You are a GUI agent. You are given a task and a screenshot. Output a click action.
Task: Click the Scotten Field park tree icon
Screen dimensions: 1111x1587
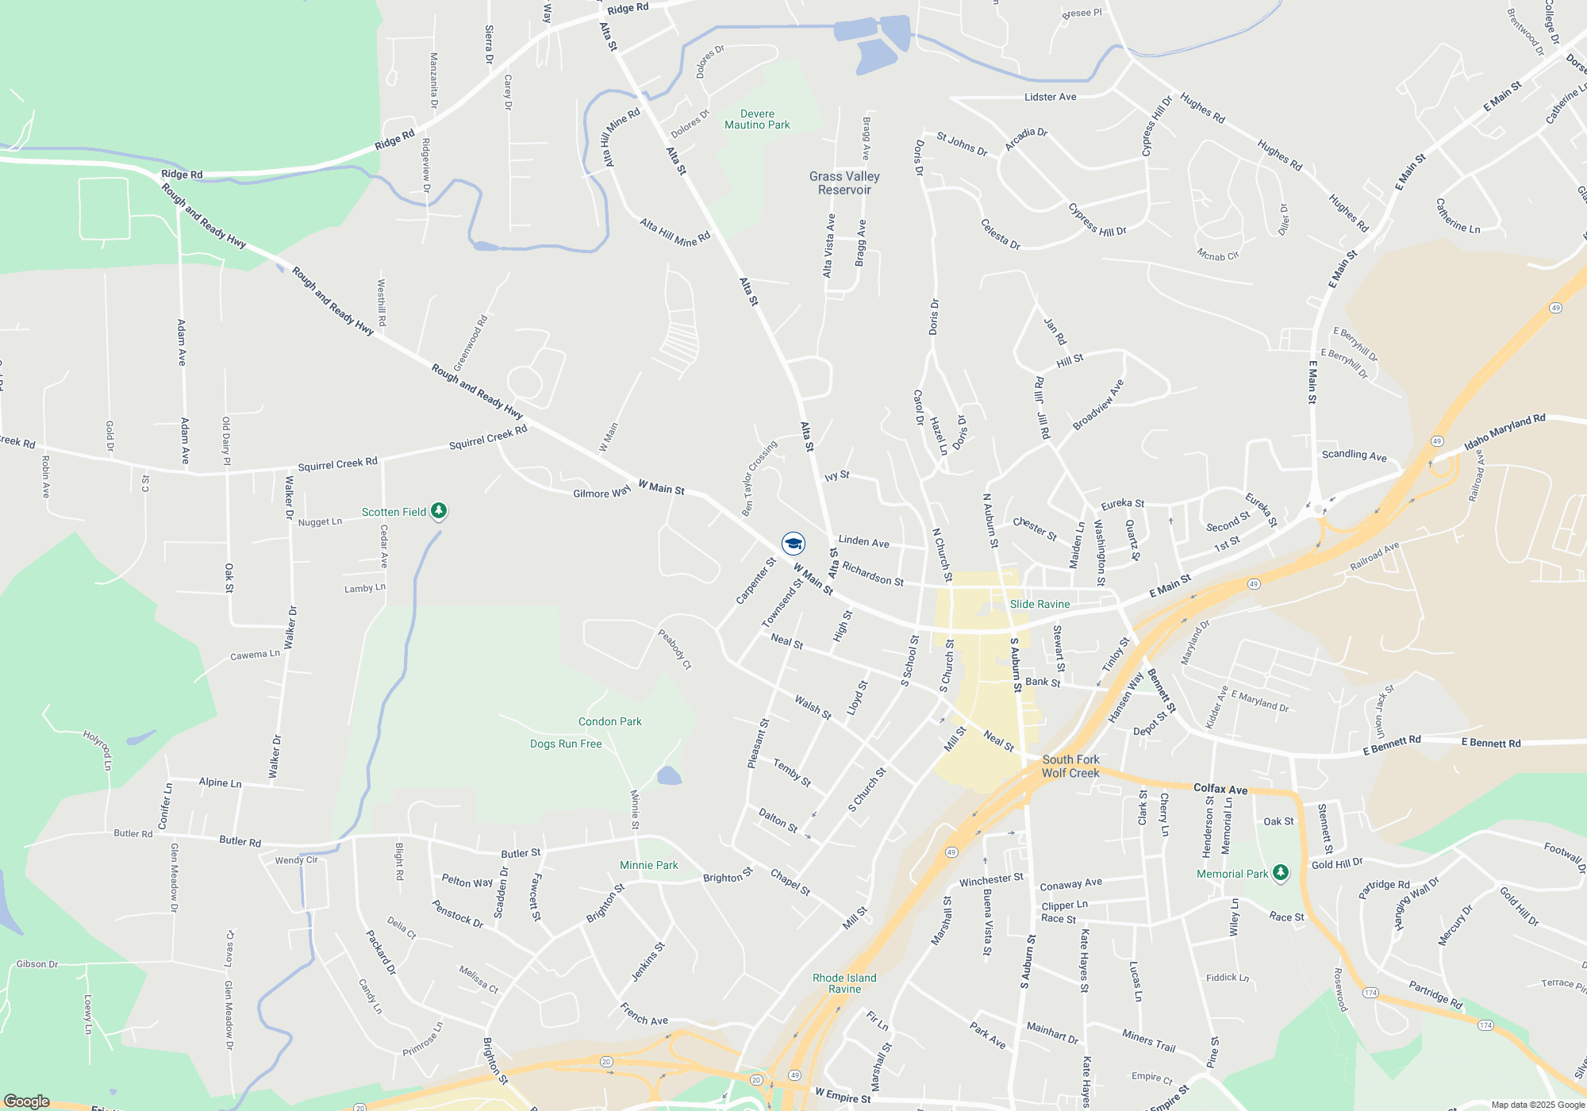click(x=439, y=511)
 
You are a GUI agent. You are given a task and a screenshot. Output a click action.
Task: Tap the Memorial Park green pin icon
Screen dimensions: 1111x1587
click(x=1280, y=873)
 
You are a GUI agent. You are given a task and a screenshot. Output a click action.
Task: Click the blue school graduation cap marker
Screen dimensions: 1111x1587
click(x=793, y=543)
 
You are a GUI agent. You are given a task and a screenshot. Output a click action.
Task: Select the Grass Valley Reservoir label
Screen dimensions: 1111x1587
click(x=844, y=183)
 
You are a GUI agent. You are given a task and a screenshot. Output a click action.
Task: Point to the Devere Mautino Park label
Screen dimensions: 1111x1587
click(x=757, y=119)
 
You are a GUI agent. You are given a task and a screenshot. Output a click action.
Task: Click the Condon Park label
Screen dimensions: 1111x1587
click(x=609, y=721)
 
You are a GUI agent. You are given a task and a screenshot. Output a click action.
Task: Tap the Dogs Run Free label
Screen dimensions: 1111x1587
click(x=566, y=744)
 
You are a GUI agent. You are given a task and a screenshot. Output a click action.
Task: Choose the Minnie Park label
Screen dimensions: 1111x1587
click(x=648, y=865)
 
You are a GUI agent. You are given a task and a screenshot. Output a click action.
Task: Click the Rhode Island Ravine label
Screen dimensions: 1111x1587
click(x=844, y=983)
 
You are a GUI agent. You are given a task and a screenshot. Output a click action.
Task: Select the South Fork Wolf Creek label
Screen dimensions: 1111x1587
click(x=1070, y=766)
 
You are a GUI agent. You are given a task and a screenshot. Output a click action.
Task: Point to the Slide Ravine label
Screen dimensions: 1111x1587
click(x=1039, y=604)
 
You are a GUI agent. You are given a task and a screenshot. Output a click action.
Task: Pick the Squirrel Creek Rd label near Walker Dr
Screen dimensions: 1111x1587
click(x=337, y=464)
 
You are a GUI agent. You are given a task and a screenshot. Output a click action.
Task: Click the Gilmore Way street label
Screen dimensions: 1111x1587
click(x=601, y=493)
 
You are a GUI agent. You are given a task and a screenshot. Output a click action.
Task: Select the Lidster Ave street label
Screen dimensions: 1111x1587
click(x=1050, y=97)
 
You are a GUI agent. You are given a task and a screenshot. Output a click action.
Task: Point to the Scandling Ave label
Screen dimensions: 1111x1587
click(x=1354, y=455)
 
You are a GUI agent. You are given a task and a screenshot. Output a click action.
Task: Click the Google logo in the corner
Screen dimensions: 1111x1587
click(x=27, y=1101)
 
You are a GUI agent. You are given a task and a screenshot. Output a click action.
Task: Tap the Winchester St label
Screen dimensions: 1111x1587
click(x=991, y=879)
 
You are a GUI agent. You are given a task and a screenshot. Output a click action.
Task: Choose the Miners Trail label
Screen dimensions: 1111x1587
click(x=1148, y=1040)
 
